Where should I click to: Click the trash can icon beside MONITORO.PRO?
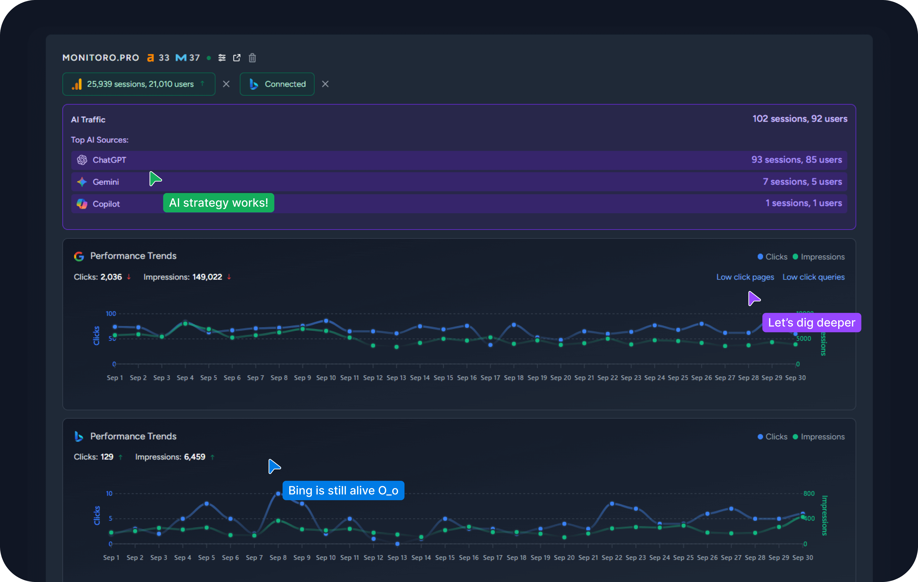pyautogui.click(x=252, y=58)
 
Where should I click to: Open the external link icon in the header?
pyautogui.click(x=237, y=58)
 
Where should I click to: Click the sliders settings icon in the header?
pyautogui.click(x=222, y=58)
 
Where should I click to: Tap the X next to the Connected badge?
pyautogui.click(x=325, y=84)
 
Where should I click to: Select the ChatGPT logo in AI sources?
pyautogui.click(x=82, y=160)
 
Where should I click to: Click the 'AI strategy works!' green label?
pyautogui.click(x=219, y=203)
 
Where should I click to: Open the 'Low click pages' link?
pyautogui.click(x=745, y=277)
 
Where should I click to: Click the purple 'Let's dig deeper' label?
pyautogui.click(x=811, y=323)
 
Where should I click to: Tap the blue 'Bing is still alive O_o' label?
pyautogui.click(x=343, y=490)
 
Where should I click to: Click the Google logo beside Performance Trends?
pyautogui.click(x=79, y=256)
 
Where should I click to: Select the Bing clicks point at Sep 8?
pyautogui.click(x=278, y=493)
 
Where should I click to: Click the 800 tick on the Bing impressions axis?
pyautogui.click(x=809, y=493)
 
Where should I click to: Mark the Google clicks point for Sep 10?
pyautogui.click(x=326, y=321)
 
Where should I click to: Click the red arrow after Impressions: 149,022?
pyautogui.click(x=229, y=277)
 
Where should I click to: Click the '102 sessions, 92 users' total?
pyautogui.click(x=799, y=119)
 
